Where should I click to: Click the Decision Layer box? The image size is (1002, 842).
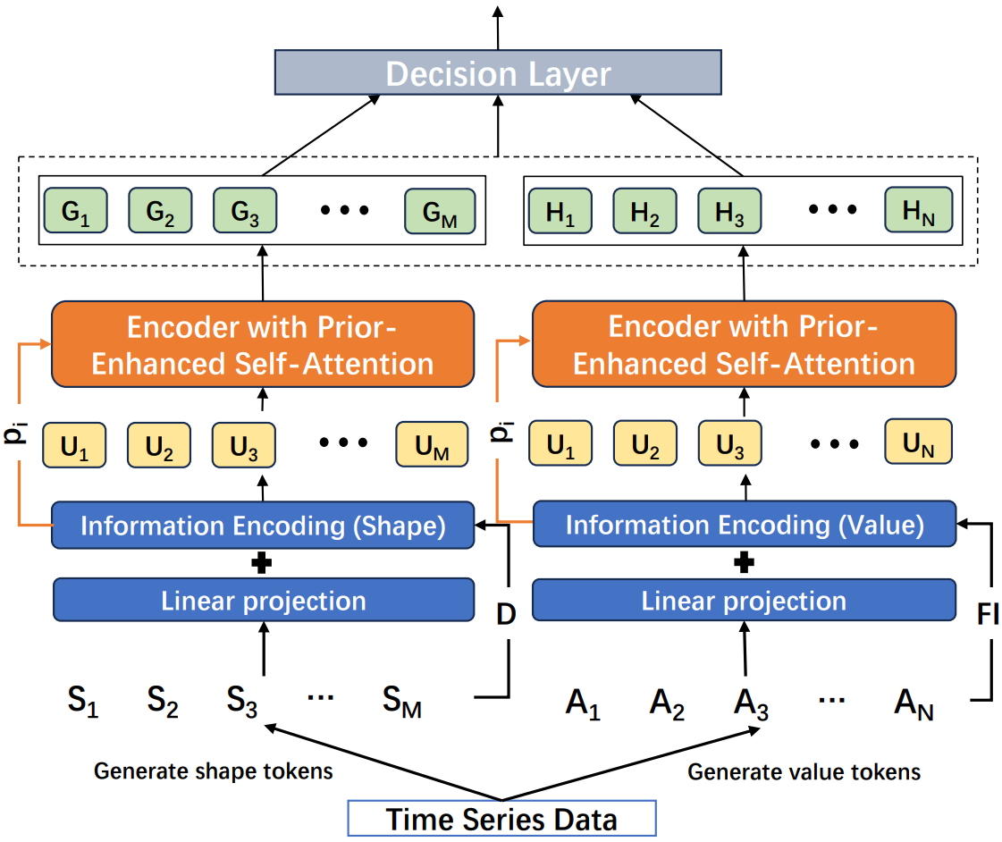(498, 72)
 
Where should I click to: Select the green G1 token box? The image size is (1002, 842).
(75, 210)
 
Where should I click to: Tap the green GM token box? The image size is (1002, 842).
(440, 211)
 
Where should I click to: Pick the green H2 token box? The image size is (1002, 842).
(644, 211)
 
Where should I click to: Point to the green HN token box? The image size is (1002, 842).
(918, 209)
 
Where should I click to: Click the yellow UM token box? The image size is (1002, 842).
(432, 444)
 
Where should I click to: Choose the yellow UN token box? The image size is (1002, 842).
(918, 442)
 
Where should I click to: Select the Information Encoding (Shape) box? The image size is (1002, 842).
(263, 525)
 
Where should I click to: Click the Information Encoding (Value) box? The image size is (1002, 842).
(745, 524)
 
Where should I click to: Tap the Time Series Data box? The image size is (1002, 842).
(501, 819)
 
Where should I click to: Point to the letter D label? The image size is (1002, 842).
(506, 614)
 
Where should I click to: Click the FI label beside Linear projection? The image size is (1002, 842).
(988, 615)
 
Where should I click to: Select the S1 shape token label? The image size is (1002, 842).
(83, 701)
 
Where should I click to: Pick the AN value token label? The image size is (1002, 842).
(914, 704)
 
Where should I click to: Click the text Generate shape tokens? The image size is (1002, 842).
(214, 771)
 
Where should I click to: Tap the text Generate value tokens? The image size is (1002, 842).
(804, 771)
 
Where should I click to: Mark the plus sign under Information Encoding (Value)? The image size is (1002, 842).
(744, 563)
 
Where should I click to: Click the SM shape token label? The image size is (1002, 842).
(402, 701)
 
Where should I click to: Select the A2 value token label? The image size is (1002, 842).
(667, 704)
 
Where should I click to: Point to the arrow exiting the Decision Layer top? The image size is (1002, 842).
(498, 28)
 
